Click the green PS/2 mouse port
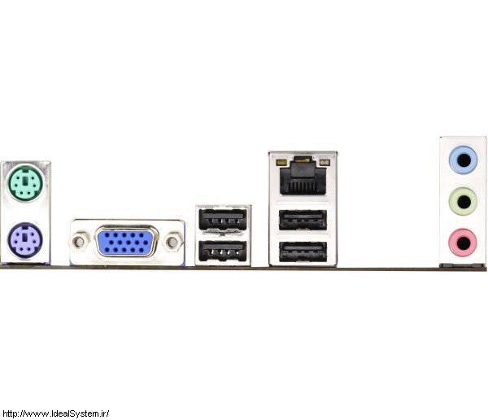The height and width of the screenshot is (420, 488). pos(25,182)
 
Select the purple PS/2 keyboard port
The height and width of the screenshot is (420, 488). pos(25,240)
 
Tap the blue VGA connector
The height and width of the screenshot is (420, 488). pos(126,241)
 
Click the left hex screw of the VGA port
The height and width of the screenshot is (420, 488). pos(79,242)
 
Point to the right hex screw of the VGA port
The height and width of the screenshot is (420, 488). pos(172,242)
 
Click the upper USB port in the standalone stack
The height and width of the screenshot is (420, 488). pos(223,219)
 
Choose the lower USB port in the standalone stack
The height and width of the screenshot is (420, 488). pos(223,252)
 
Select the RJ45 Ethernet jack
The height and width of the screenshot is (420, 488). pos(303,177)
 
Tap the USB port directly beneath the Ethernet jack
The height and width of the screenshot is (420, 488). pos(303,221)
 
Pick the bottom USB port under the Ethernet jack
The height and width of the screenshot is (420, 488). pos(303,252)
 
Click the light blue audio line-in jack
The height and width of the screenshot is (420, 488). pos(464,160)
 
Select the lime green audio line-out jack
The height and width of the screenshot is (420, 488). pos(464,202)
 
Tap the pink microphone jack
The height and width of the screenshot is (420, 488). pos(463,243)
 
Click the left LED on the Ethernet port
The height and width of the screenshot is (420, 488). pos(281,162)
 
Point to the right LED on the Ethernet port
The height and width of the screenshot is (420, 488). pos(325,162)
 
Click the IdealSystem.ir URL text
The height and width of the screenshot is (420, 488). pos(55,413)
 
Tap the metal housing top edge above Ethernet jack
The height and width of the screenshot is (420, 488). pos(303,153)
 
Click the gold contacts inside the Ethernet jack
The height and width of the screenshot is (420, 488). pos(303,186)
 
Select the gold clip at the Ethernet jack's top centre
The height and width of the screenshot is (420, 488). pos(303,160)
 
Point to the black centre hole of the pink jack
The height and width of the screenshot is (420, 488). pos(463,243)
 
